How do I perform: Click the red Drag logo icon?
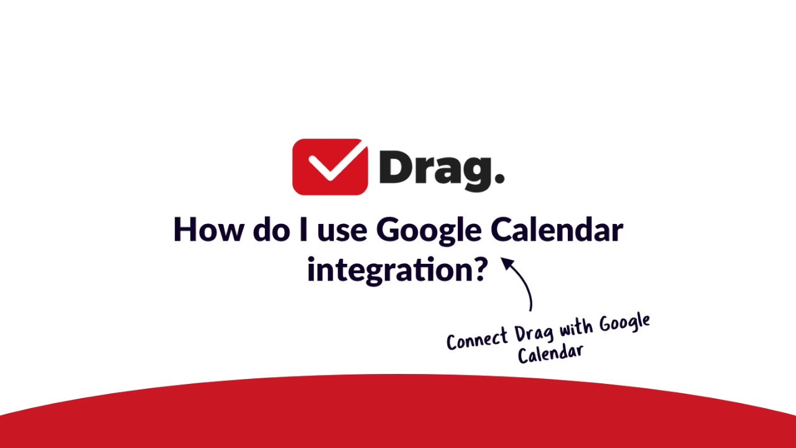pyautogui.click(x=330, y=166)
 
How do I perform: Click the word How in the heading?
pyautogui.click(x=208, y=230)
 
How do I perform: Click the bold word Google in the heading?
pyautogui.click(x=428, y=231)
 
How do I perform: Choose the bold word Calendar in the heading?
pyautogui.click(x=557, y=230)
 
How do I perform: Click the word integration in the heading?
pyautogui.click(x=388, y=270)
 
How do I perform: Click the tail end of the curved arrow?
pyautogui.click(x=530, y=309)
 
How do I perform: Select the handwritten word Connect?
pyautogui.click(x=478, y=339)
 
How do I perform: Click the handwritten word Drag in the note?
pyautogui.click(x=534, y=333)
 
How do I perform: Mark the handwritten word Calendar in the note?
pyautogui.click(x=551, y=353)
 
